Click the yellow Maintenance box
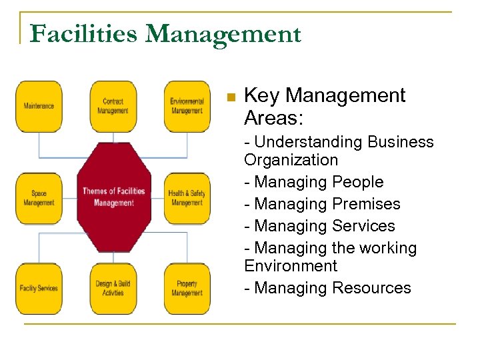click(39, 107)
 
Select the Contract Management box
click(113, 107)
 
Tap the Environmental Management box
click(187, 107)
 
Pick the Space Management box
click(39, 198)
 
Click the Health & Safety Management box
click(187, 198)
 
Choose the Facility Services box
click(39, 288)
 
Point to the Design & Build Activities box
click(113, 288)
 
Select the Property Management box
click(187, 288)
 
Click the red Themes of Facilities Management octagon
click(113, 197)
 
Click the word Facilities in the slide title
click(84, 33)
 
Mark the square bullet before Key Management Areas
click(231, 97)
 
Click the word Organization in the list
click(291, 160)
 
